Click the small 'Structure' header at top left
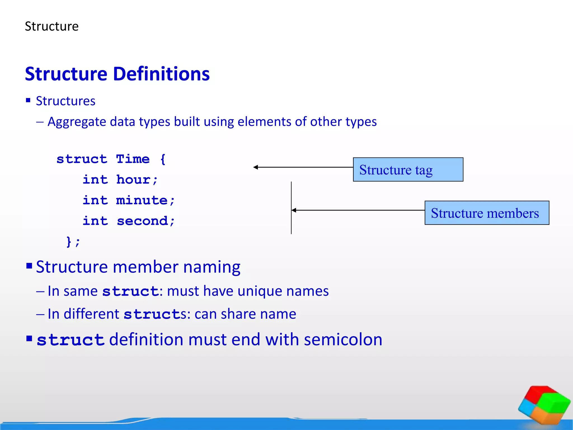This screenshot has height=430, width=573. pos(52,27)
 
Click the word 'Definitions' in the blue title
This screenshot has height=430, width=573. pos(161,74)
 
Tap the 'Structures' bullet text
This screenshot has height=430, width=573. pos(65,101)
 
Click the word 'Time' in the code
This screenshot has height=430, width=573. pos(133,159)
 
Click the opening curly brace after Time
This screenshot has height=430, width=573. pos(163,159)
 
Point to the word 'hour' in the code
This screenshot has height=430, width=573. pos(133,180)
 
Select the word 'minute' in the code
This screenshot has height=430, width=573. pos(142,200)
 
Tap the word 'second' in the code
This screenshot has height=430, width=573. pos(142,221)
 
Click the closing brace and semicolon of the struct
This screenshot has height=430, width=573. pos(73,242)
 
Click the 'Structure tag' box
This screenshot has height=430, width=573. pos(408,170)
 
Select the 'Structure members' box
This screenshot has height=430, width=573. pos(487,213)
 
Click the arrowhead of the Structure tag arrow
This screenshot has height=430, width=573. pos(255,167)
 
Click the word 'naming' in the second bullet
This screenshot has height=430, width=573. pos(212,267)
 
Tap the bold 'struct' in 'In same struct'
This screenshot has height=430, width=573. pos(130,291)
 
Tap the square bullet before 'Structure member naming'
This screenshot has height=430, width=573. pos(29,265)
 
